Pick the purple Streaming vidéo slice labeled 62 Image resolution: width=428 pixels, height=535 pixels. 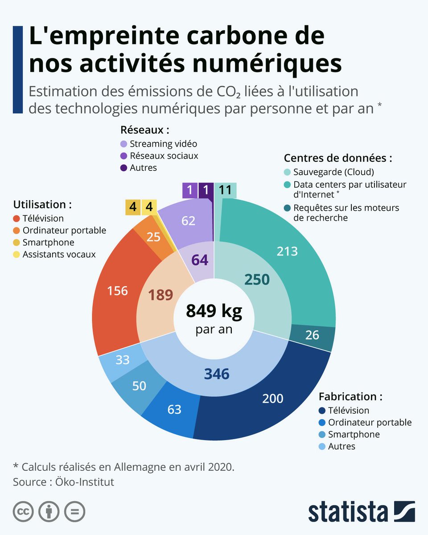(188, 220)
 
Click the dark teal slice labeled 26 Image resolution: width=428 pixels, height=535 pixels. (313, 335)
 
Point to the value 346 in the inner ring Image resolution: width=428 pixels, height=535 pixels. (216, 374)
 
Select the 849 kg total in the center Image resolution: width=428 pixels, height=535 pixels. (214, 311)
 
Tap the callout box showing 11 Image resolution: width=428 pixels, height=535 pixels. (226, 190)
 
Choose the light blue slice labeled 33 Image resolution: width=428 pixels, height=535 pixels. (123, 360)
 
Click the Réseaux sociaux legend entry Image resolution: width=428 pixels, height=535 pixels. (163, 156)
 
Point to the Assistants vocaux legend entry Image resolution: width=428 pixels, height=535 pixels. (58, 255)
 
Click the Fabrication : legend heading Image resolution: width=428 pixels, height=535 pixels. (350, 396)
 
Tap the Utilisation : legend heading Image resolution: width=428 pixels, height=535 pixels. (43, 205)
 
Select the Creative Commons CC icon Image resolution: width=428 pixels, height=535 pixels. (24, 511)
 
